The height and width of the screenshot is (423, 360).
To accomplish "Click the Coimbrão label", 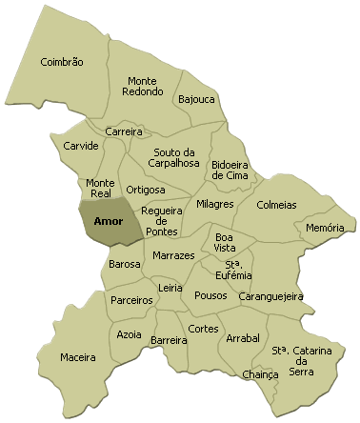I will click(x=62, y=62).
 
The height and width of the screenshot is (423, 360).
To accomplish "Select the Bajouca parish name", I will click(x=195, y=99).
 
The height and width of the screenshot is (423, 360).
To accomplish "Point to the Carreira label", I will click(x=124, y=131).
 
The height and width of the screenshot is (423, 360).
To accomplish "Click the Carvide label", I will click(x=81, y=146).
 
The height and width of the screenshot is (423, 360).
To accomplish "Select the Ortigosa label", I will click(x=146, y=189).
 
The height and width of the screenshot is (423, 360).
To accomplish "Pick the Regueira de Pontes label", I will click(x=159, y=220).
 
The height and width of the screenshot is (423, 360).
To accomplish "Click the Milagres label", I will click(x=215, y=204).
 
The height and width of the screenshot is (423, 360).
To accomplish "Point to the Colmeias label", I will click(x=277, y=205).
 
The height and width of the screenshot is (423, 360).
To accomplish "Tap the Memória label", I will click(x=325, y=229).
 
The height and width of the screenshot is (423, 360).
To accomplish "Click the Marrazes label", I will click(x=173, y=255).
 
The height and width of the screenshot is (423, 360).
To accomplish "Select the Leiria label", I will click(x=170, y=287).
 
